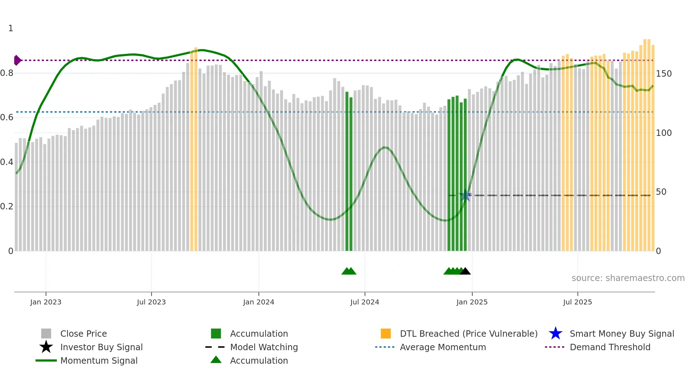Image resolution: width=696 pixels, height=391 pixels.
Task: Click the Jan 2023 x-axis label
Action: tap(46, 302)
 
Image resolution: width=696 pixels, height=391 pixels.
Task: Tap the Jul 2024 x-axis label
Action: tap(365, 302)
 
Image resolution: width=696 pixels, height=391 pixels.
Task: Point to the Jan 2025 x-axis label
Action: tap(472, 302)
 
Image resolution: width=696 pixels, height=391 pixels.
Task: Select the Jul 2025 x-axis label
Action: tap(577, 302)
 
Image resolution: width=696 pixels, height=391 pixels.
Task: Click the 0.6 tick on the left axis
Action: tap(7, 117)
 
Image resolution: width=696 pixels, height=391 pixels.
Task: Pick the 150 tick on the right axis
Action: tap(664, 74)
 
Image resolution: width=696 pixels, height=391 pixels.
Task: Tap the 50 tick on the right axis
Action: tap(661, 192)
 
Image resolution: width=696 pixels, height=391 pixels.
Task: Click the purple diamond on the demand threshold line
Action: tap(17, 60)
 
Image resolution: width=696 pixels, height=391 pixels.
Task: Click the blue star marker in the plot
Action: tap(465, 195)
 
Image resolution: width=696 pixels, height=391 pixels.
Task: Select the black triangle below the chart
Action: tap(465, 271)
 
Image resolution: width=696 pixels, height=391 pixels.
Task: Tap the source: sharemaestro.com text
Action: tap(628, 278)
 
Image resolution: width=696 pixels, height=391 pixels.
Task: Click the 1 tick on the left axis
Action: tap(11, 28)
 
